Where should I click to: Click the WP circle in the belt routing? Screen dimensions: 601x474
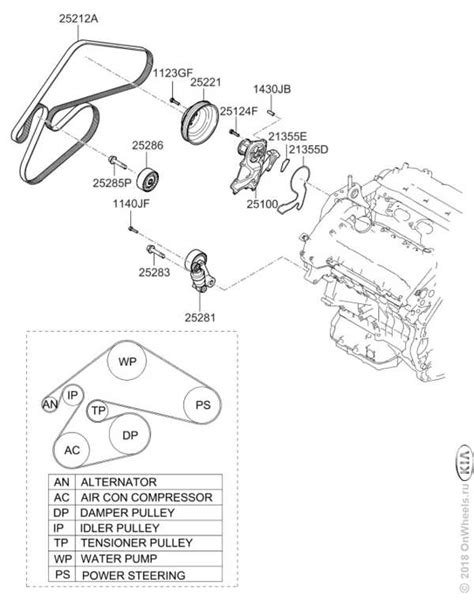coord(126,361)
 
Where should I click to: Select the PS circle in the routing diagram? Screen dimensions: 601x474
coord(203,405)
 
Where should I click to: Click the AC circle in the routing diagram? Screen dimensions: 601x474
coord(72,450)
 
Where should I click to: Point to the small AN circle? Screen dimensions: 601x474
coord(49,404)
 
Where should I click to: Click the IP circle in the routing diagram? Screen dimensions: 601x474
coord(72,396)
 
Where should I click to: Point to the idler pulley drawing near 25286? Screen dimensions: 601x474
coord(150,180)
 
